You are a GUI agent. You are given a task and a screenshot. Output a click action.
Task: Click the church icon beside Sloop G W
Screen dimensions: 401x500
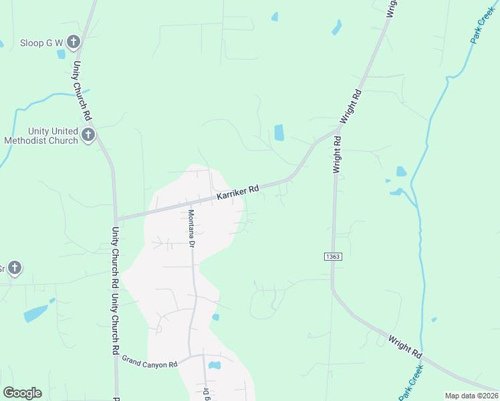click(x=74, y=43)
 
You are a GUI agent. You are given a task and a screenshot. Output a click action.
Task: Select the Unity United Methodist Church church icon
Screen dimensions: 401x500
click(x=88, y=136)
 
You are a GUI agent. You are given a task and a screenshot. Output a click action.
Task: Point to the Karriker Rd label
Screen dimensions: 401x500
click(x=237, y=193)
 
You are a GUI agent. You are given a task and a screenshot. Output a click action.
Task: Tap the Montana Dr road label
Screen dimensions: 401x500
click(x=191, y=229)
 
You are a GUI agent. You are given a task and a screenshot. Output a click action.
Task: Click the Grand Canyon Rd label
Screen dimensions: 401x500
click(x=149, y=362)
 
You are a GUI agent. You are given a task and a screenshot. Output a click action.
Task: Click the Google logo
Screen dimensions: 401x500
click(x=22, y=393)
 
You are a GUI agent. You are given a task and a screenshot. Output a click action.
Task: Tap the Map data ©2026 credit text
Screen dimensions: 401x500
click(x=471, y=396)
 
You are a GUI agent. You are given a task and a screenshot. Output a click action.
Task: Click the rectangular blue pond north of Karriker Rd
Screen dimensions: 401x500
click(x=279, y=133)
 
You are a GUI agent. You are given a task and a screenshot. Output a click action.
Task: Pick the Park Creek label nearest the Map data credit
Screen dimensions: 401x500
click(x=412, y=386)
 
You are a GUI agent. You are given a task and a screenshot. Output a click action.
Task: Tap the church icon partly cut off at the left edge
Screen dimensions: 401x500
click(x=13, y=269)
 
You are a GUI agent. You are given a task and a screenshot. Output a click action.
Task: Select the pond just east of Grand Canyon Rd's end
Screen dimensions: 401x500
click(x=215, y=365)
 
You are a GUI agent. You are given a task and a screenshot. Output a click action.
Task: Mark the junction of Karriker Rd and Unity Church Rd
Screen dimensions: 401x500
click(x=116, y=219)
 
